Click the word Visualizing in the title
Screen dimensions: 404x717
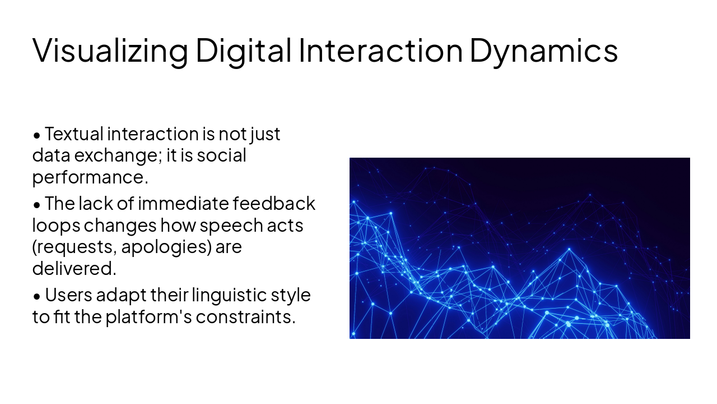coord(110,50)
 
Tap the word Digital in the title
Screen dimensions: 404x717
coord(244,50)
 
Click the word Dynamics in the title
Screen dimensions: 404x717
coord(543,50)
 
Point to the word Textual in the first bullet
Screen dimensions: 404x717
coord(74,134)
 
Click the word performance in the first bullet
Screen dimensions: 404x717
coord(90,177)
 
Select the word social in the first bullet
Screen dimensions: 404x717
coord(221,155)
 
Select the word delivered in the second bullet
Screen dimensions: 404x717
coord(74,268)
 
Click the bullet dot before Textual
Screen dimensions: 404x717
coord(37,135)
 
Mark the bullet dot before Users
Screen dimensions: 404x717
coord(37,296)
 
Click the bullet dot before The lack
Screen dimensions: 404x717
coord(37,204)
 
